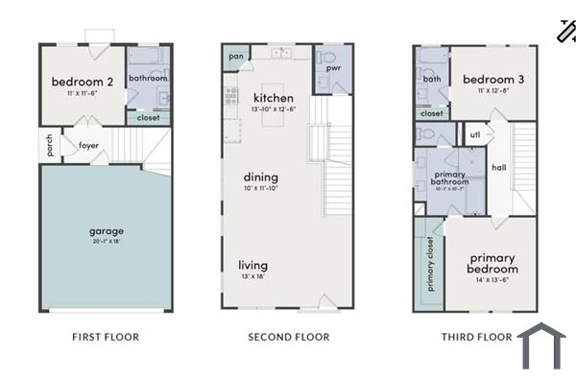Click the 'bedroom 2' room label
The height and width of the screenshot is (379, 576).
click(83, 82)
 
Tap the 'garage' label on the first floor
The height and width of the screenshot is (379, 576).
click(107, 230)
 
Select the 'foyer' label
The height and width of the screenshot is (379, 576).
click(88, 146)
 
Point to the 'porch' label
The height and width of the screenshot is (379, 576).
click(49, 145)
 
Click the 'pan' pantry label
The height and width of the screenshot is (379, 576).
click(235, 57)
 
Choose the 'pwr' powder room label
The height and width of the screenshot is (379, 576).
click(334, 69)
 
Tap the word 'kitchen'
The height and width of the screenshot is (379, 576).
click(273, 99)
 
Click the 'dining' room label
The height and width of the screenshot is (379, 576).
click(260, 177)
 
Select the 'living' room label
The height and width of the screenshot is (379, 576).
click(253, 265)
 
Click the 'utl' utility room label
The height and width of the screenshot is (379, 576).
click(474, 134)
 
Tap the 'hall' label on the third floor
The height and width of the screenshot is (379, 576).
click(499, 167)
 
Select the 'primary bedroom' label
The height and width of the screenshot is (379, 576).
click(492, 264)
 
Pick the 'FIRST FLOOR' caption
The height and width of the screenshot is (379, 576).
click(106, 337)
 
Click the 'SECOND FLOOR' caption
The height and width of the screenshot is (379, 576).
click(288, 337)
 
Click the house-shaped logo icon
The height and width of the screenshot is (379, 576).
click(542, 346)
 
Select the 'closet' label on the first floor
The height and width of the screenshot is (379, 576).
click(148, 118)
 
